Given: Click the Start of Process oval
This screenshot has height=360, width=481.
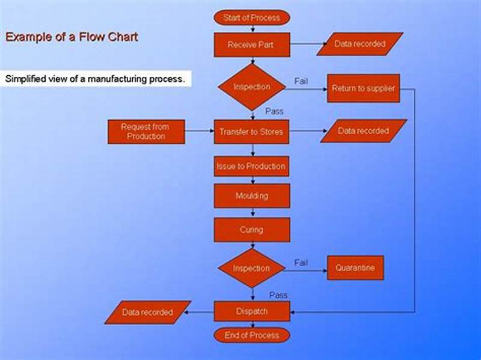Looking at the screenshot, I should tap(251, 17).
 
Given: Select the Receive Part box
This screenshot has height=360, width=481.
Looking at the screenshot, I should tap(251, 44).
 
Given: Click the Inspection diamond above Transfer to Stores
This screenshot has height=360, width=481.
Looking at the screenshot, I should tap(251, 87).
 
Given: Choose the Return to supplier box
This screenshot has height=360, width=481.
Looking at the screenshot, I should tap(363, 88).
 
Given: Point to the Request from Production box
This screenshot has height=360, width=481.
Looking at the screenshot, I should tap(146, 132).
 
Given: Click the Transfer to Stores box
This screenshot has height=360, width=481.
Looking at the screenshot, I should tap(251, 132).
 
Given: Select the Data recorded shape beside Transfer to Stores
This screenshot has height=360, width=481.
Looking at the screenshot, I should tap(363, 131).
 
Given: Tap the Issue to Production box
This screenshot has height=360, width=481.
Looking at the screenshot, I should tap(251, 166).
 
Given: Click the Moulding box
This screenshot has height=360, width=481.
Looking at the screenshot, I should tap(251, 196).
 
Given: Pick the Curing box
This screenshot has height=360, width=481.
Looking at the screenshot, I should tap(251, 230).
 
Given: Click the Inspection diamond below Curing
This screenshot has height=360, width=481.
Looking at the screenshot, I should tap(251, 268).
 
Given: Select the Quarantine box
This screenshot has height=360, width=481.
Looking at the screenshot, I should tap(355, 268).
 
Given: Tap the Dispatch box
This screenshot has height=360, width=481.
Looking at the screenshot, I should tap(251, 311).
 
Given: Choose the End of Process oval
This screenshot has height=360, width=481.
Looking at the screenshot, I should tap(251, 335).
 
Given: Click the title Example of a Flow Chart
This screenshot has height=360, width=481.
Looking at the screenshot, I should tap(72, 37).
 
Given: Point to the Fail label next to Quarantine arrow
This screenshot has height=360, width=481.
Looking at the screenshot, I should tap(301, 263).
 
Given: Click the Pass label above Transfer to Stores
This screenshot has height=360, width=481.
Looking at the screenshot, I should tap(274, 111).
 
